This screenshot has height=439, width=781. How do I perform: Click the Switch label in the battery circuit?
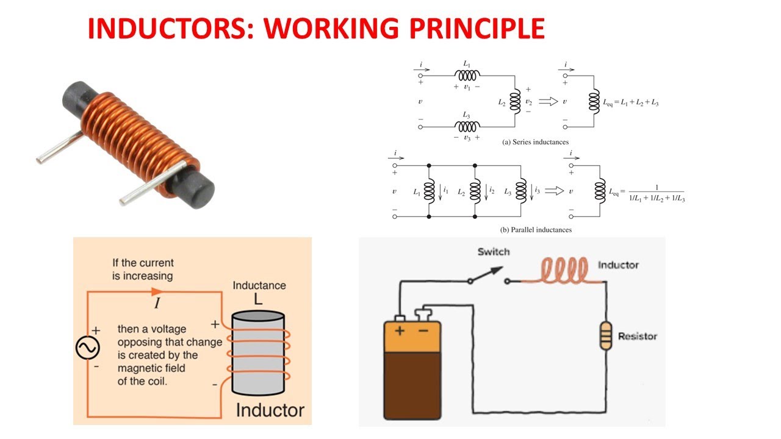[x=493, y=252]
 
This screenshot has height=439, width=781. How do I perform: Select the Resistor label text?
[x=637, y=336]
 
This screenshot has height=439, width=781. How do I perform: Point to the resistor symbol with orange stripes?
[x=605, y=336]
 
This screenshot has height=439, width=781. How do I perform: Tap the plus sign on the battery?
[x=399, y=330]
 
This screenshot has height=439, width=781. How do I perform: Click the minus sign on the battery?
[x=422, y=330]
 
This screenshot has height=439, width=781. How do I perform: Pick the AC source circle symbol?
[x=87, y=348]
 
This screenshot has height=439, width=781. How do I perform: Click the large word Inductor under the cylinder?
[x=270, y=409]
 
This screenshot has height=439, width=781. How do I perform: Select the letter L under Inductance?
[x=258, y=299]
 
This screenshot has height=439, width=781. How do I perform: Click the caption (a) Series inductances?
[x=535, y=142]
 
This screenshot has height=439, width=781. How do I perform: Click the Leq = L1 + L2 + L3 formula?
[x=631, y=103]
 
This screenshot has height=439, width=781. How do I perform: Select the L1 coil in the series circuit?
[x=467, y=76]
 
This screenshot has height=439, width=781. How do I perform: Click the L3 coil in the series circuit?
[x=467, y=127]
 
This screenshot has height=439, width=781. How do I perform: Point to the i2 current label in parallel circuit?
[x=491, y=191]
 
